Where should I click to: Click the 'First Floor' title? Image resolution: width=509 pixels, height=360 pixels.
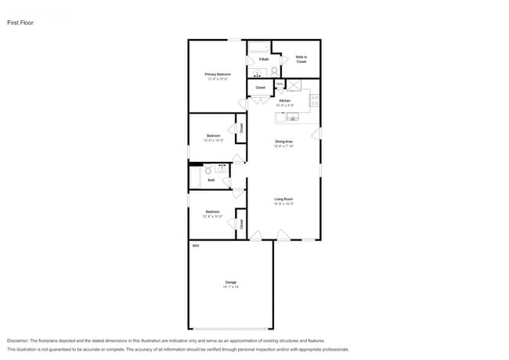pyautogui.click(x=20, y=23)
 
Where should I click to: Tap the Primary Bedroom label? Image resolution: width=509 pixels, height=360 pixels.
pyautogui.click(x=218, y=74)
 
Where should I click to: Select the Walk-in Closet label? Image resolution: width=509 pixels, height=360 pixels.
pyautogui.click(x=301, y=59)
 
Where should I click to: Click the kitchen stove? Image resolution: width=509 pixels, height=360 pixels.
pyautogui.click(x=315, y=100)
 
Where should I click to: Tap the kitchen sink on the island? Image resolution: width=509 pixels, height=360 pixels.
pyautogui.click(x=291, y=117)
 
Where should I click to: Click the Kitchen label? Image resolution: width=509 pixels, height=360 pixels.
pyautogui.click(x=285, y=100)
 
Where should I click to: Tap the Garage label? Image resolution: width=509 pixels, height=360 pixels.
pyautogui.click(x=230, y=282)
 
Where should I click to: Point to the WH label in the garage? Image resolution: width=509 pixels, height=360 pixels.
pyautogui.click(x=195, y=246)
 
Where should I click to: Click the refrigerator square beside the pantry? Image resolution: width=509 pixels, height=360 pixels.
pyautogui.click(x=296, y=85)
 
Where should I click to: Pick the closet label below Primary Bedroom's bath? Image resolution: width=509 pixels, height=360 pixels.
pyautogui.click(x=260, y=88)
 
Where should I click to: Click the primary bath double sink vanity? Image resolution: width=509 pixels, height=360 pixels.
pyautogui.click(x=259, y=73)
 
